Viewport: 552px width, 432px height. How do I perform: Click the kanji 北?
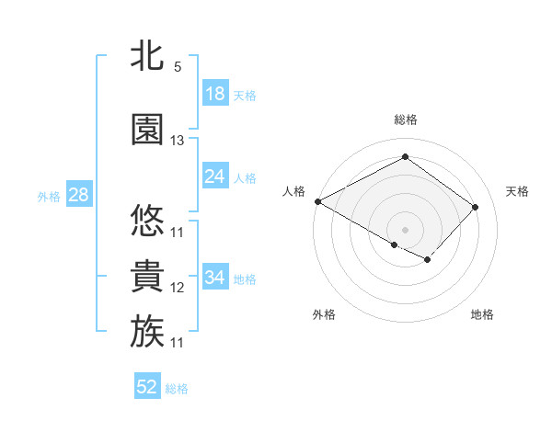(147, 56)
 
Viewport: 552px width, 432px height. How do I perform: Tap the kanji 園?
(147, 130)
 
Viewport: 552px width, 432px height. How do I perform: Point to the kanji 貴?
(147, 277)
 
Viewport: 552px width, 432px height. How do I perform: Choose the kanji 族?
(147, 332)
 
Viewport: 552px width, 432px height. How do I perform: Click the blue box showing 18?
(215, 94)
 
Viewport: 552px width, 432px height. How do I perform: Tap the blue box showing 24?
(215, 176)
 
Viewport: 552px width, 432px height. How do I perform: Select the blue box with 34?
(215, 278)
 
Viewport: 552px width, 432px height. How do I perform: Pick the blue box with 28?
(77, 195)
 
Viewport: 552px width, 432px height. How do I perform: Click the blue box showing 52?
(147, 387)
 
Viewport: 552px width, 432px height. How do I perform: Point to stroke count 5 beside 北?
(178, 67)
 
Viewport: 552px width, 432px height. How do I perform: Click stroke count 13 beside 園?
(178, 141)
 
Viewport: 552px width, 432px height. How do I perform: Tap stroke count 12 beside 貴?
(178, 288)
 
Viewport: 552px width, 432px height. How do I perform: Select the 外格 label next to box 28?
(48, 196)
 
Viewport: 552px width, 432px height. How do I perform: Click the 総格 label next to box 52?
(178, 388)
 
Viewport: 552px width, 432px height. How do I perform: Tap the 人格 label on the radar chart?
(294, 191)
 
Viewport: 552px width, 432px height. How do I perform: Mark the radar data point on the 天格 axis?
(475, 207)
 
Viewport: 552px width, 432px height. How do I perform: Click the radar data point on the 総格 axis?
(405, 157)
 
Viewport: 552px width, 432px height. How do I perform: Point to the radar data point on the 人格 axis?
(317, 201)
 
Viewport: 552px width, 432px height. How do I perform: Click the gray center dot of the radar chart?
(405, 229)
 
